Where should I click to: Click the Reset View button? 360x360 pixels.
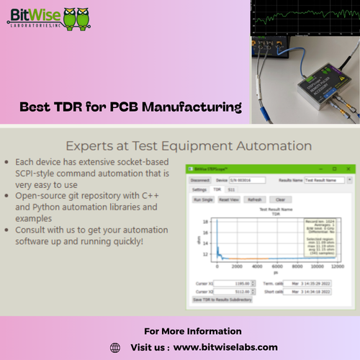point(229,199)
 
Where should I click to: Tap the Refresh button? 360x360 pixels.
point(255,199)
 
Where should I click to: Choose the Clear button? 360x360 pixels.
point(280,199)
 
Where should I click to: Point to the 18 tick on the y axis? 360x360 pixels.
point(207,222)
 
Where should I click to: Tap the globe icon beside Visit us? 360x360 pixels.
point(114,347)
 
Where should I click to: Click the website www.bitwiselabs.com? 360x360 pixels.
point(225,347)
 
